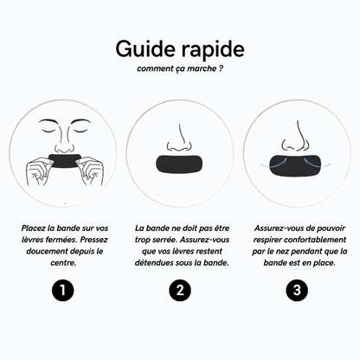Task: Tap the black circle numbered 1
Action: pos(61,290)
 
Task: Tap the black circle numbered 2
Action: pos(180,290)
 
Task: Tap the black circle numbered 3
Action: pos(298,290)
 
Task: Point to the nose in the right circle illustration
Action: pos(298,138)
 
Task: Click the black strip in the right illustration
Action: pos(298,164)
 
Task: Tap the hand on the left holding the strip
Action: pos(40,168)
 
